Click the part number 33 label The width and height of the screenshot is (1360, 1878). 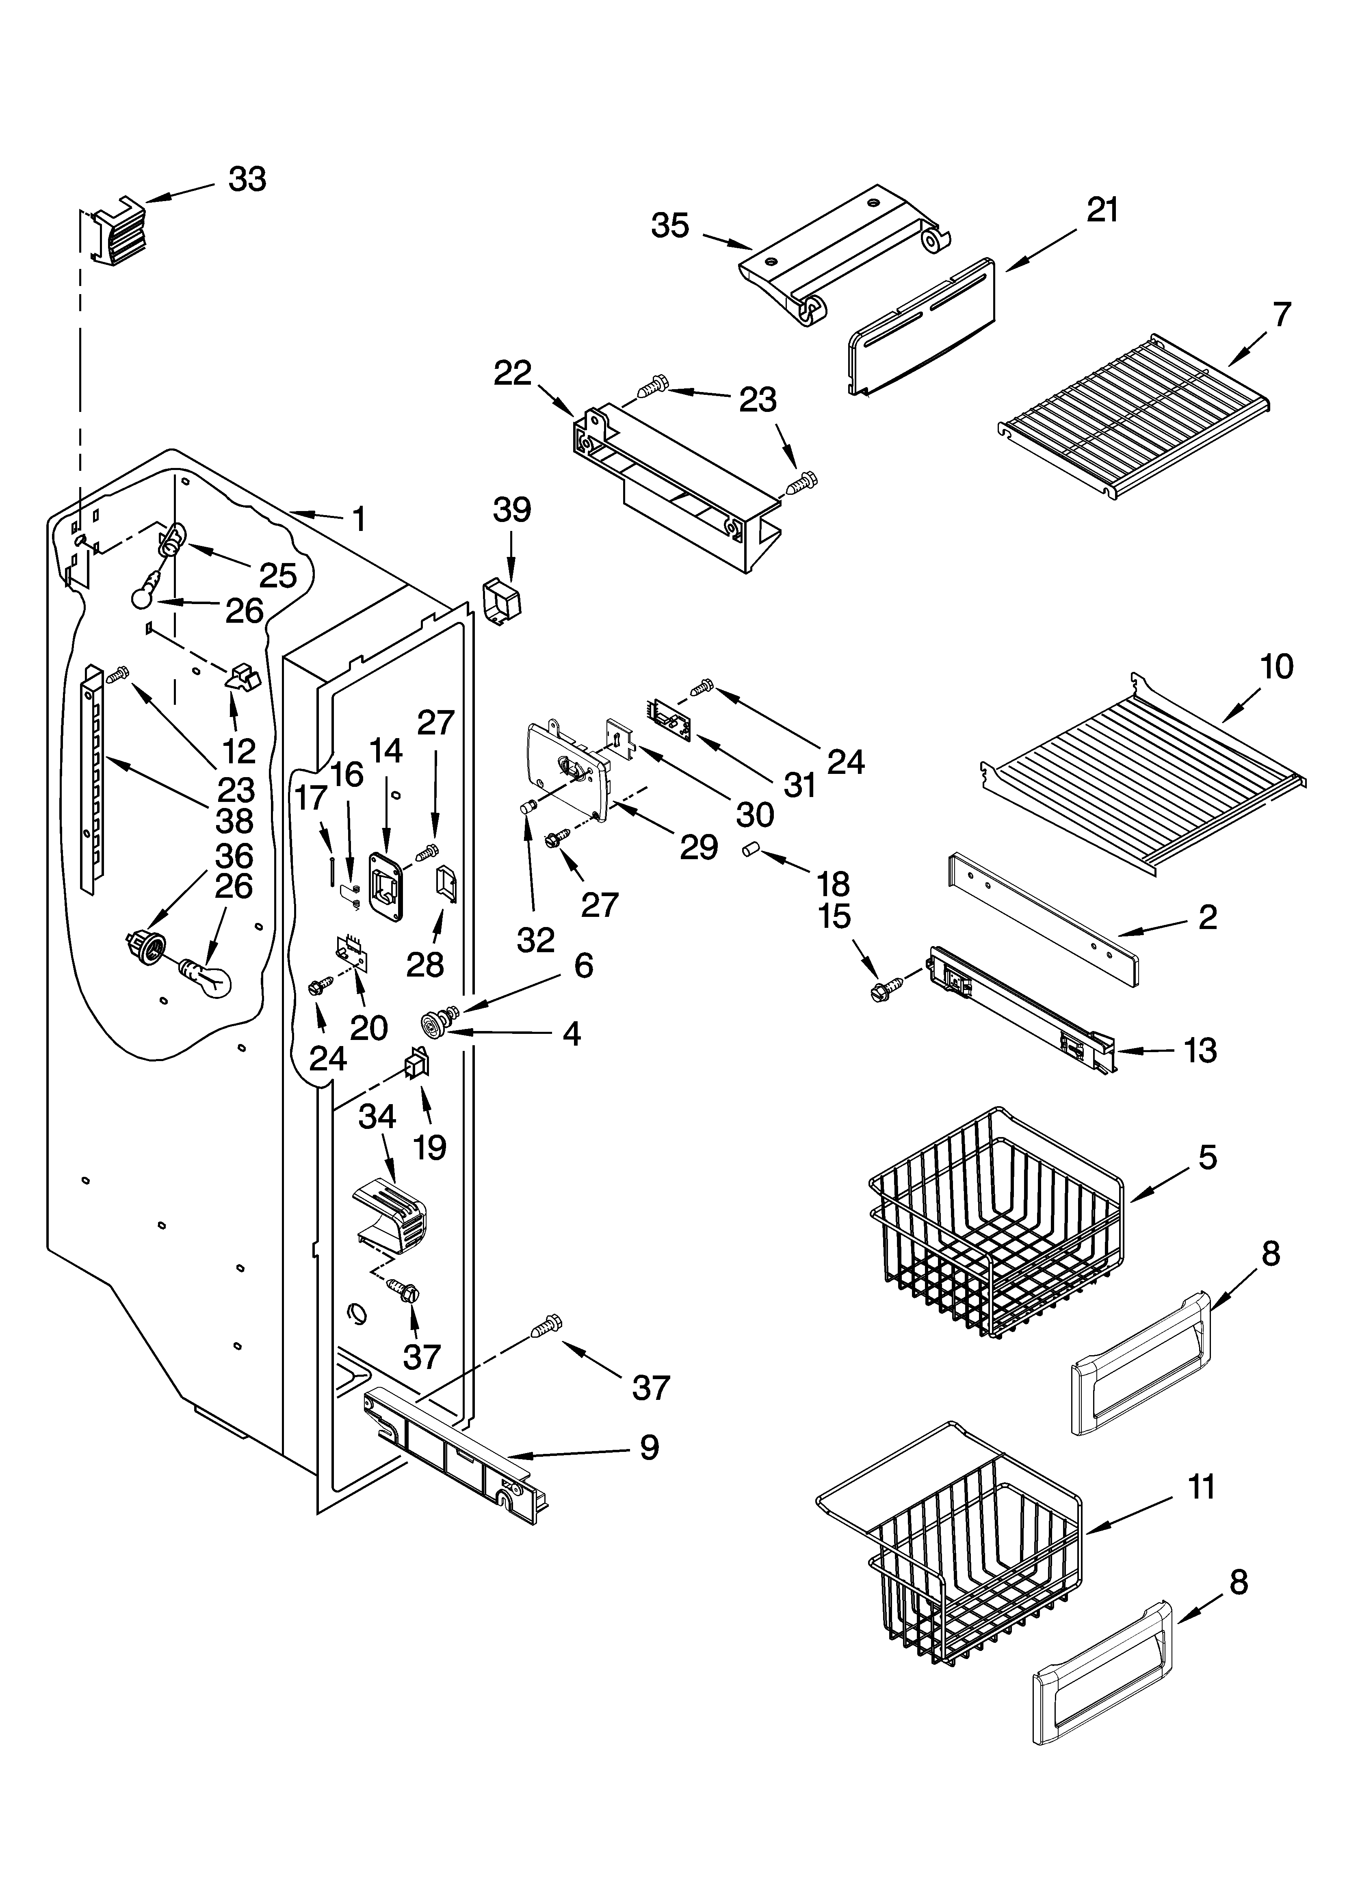coord(247,180)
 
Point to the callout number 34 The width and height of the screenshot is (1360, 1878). coord(377,1118)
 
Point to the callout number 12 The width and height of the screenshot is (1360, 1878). coord(238,751)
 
